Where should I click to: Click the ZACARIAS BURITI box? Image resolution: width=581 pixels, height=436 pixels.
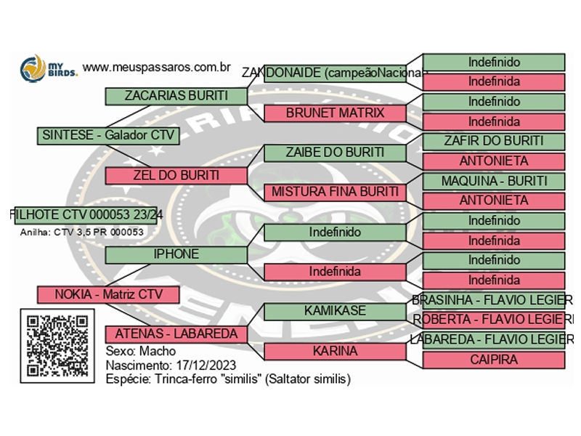pyautogui.click(x=176, y=96)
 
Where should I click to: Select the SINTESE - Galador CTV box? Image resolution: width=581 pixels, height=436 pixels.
pyautogui.click(x=107, y=135)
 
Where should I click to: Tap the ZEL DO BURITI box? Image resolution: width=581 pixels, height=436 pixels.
pyautogui.click(x=176, y=175)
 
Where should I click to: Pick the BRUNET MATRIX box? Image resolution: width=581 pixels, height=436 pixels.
pyautogui.click(x=335, y=113)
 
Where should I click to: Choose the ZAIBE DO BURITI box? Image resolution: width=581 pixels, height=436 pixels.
pyautogui.click(x=335, y=153)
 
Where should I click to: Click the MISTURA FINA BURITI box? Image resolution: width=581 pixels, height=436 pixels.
pyautogui.click(x=335, y=193)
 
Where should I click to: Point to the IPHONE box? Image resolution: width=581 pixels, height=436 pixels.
pyautogui.click(x=176, y=254)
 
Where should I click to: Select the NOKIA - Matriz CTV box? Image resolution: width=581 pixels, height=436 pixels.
pyautogui.click(x=107, y=294)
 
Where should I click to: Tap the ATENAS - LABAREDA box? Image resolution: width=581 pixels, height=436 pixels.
pyautogui.click(x=176, y=334)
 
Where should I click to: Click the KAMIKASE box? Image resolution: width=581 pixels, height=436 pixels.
pyautogui.click(x=335, y=311)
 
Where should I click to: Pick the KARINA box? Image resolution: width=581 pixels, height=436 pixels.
pyautogui.click(x=335, y=351)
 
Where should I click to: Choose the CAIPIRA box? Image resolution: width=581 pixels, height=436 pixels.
pyautogui.click(x=494, y=360)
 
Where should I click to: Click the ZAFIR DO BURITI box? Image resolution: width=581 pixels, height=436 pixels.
pyautogui.click(x=494, y=142)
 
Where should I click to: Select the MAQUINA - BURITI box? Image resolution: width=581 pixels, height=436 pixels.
pyautogui.click(x=494, y=181)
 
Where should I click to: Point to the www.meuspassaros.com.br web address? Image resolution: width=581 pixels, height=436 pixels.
pyautogui.click(x=157, y=68)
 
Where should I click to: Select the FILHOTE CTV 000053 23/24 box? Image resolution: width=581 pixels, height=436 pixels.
pyautogui.click(x=86, y=214)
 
